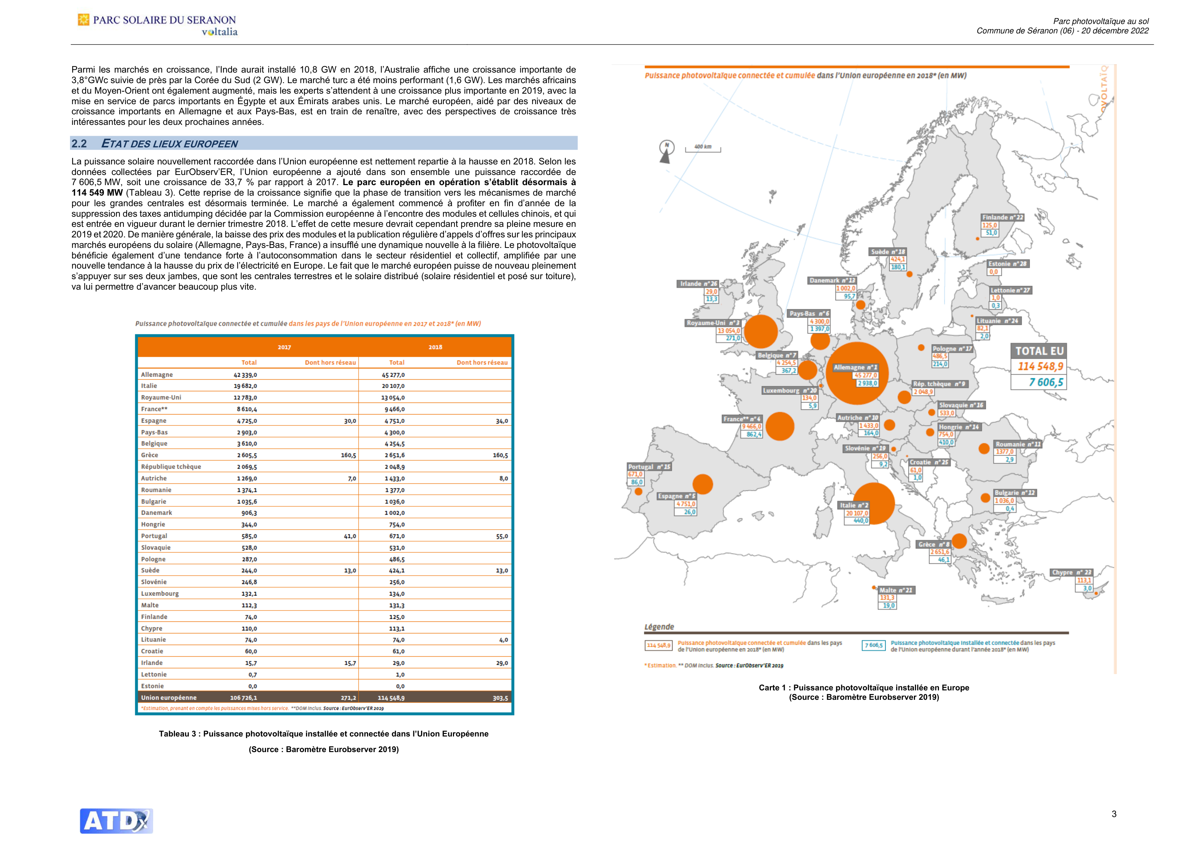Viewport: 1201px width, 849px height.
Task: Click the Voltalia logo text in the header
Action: (220, 32)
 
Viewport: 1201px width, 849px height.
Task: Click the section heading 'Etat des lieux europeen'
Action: (169, 143)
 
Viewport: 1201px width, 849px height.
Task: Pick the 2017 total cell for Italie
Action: (245, 386)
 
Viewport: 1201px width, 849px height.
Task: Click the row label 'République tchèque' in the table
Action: (171, 467)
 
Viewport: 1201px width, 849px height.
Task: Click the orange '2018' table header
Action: (435, 347)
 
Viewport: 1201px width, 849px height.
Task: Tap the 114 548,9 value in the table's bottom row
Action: (391, 698)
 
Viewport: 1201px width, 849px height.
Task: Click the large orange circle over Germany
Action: (857, 373)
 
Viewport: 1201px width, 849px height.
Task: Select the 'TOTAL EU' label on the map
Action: (1039, 351)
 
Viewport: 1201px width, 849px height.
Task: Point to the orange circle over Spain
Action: (703, 484)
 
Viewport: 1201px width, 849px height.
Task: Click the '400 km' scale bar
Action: (703, 148)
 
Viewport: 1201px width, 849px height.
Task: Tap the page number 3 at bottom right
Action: (1114, 814)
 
